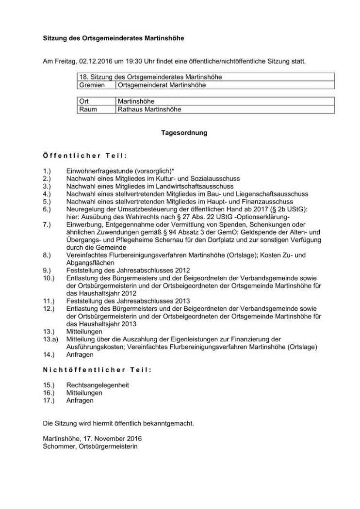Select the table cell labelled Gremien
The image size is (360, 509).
92,85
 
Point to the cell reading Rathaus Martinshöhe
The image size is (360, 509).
149,110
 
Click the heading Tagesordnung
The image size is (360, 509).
184,132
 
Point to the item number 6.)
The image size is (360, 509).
47,208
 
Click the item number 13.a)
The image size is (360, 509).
50,340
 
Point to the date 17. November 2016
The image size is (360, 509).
113,439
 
